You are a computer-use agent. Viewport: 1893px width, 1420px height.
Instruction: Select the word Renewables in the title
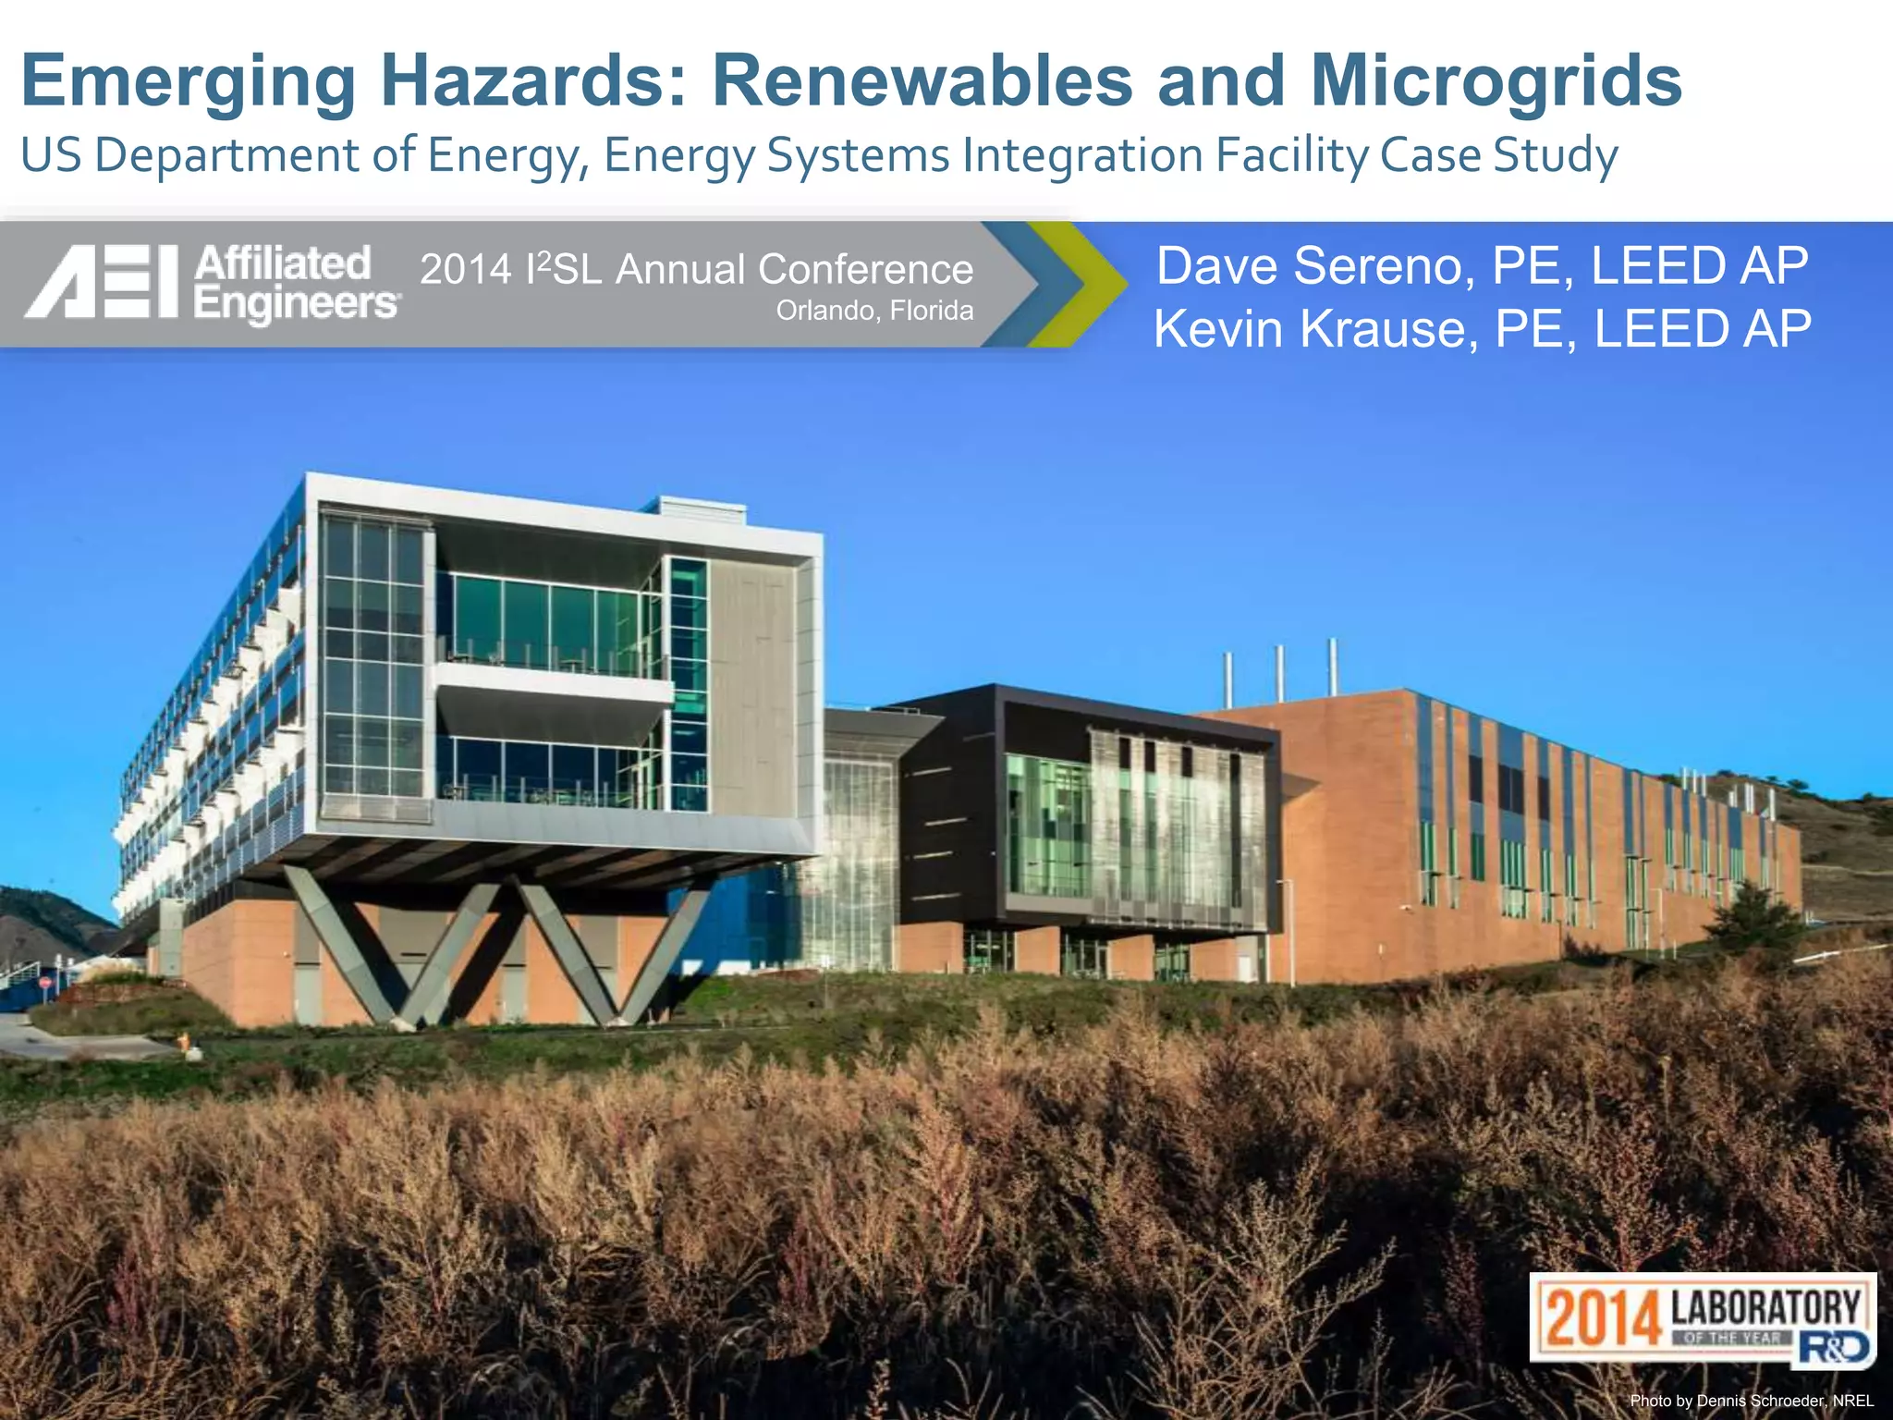coord(922,81)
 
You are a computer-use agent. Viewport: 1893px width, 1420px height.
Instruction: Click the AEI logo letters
coord(102,282)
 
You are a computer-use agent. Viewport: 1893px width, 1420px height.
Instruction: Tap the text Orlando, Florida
coord(874,311)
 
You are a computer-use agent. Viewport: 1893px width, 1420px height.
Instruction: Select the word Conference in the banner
coord(865,269)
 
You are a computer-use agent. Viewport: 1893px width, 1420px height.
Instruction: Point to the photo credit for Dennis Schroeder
coord(1752,1401)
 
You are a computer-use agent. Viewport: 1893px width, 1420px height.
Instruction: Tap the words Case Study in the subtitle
coord(1498,154)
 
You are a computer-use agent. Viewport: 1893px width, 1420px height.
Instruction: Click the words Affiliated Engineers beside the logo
coord(296,283)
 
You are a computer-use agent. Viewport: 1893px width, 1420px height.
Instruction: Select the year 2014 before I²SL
coord(466,270)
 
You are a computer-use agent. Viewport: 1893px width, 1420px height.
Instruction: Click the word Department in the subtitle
coord(227,156)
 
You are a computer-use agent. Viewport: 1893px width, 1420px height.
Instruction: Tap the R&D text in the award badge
coord(1835,1348)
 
